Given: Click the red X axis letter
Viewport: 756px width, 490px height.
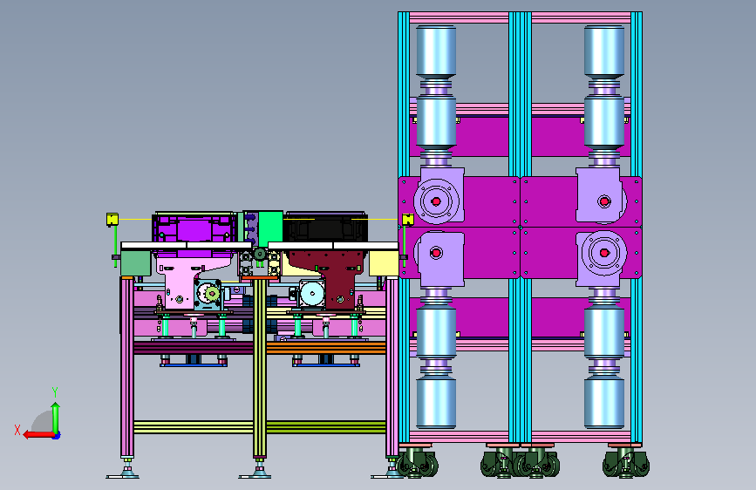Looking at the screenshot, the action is tap(17, 430).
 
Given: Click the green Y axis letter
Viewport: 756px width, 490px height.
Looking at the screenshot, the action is tap(55, 392).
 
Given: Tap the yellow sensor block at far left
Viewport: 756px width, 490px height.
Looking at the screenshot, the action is tap(112, 220).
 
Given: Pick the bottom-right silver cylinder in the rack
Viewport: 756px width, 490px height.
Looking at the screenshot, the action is tap(604, 403).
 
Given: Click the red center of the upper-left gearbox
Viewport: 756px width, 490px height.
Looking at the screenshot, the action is tap(436, 201).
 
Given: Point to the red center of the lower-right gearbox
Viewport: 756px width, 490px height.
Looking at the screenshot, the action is tap(604, 253).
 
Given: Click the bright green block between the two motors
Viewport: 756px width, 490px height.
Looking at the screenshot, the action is tap(270, 228).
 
